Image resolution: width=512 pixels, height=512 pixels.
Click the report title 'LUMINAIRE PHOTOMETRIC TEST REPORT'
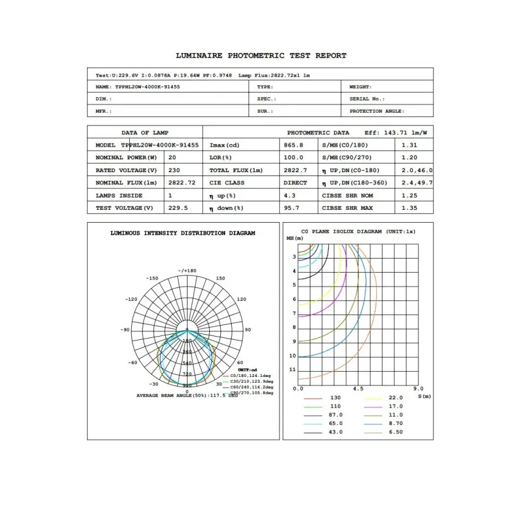coord(260,56)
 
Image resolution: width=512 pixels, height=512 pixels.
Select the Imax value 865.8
coord(293,145)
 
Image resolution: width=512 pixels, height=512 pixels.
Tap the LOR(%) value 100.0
coord(293,157)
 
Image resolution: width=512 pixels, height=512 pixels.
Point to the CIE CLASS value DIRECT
coord(295,183)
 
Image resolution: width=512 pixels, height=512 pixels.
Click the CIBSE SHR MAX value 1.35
coord(409,208)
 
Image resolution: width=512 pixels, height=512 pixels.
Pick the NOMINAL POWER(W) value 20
coord(172,157)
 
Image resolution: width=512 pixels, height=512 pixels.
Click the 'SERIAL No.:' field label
coord(367,99)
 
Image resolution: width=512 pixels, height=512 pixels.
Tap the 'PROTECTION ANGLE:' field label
coord(376,111)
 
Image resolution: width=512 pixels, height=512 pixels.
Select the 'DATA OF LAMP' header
coord(145,132)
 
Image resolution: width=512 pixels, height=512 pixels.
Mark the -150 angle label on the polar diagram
coord(152,278)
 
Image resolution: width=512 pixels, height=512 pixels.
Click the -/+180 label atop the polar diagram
coord(188,271)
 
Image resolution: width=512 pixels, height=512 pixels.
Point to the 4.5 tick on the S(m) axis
coord(358,388)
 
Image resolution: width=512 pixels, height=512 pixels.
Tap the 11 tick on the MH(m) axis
coord(292,370)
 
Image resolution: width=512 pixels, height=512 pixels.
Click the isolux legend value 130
coord(335,398)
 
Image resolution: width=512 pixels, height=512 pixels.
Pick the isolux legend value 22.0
coord(397,398)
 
